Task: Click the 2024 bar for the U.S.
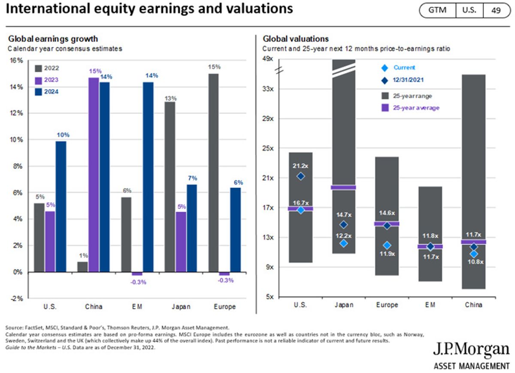(61, 207)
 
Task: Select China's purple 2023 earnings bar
(94, 175)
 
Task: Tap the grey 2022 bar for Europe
(214, 173)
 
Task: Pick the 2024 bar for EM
(148, 177)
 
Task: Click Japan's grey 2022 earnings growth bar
(170, 187)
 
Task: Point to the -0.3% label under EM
(138, 282)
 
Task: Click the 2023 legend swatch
(38, 81)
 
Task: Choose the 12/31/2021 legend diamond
(385, 81)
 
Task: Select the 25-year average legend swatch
(385, 108)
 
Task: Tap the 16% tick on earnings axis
(16, 60)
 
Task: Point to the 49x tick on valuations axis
(268, 59)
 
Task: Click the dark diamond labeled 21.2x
(301, 176)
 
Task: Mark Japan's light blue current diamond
(344, 243)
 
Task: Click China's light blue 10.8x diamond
(474, 254)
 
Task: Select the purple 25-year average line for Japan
(343, 187)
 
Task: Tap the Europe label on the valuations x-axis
(387, 305)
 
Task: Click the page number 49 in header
(496, 10)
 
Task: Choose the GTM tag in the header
(437, 10)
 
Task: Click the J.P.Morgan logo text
(471, 350)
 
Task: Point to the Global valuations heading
(296, 39)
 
